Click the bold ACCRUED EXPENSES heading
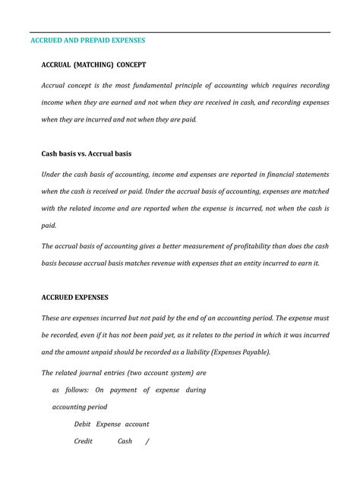click(74, 297)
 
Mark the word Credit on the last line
click(84, 441)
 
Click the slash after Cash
click(148, 441)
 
